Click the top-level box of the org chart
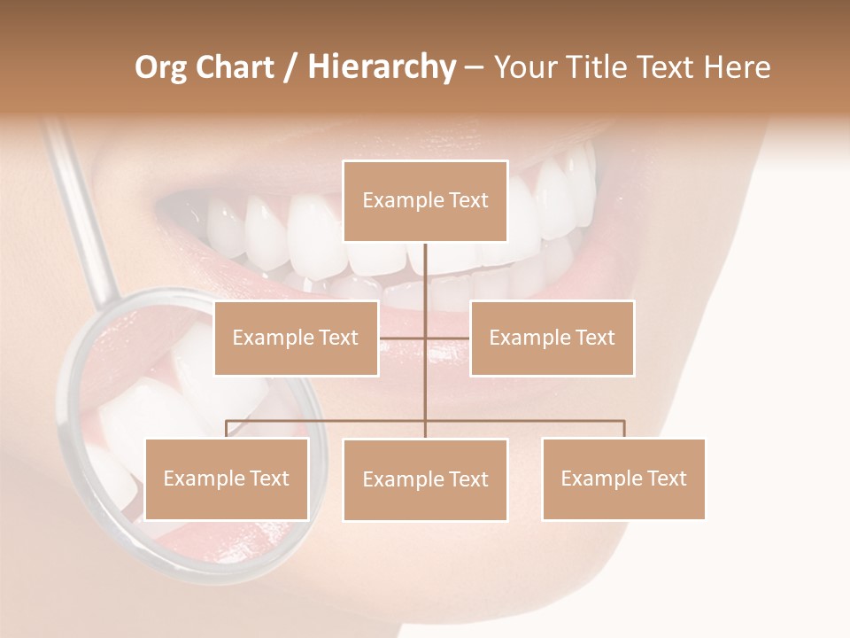pos(425,201)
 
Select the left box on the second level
pos(296,338)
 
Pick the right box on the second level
pos(552,338)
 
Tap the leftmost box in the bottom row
pos(226,478)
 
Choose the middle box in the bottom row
pos(425,479)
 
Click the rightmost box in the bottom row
pos(623,478)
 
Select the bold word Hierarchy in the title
pos(381,67)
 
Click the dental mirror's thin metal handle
pos(81,213)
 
